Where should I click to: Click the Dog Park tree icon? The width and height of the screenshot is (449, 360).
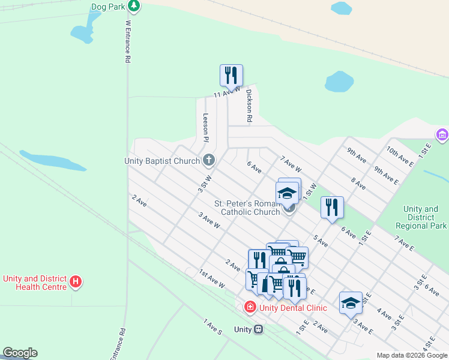pyautogui.click(x=134, y=7)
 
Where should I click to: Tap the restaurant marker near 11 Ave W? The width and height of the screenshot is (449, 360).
pyautogui.click(x=231, y=76)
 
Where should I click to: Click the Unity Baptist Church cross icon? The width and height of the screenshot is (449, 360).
pyautogui.click(x=209, y=160)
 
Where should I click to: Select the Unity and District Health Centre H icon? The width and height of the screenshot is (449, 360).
pyautogui.click(x=75, y=281)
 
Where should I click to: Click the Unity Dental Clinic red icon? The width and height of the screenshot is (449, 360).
pyautogui.click(x=249, y=307)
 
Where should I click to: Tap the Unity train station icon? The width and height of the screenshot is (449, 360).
pyautogui.click(x=258, y=329)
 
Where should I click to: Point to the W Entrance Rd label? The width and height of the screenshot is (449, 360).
pyautogui.click(x=128, y=42)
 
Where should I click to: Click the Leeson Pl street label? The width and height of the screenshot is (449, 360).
pyautogui.click(x=205, y=127)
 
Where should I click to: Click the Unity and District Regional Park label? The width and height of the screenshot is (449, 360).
pyautogui.click(x=421, y=217)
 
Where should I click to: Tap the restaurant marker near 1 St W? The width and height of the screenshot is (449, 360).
pyautogui.click(x=332, y=208)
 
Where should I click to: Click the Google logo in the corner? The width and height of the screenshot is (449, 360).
pyautogui.click(x=20, y=353)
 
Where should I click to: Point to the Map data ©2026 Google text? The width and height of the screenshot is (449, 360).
pyautogui.click(x=412, y=355)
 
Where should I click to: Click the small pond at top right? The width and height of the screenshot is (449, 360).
pyautogui.click(x=341, y=8)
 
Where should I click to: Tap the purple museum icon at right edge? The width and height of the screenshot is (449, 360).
pyautogui.click(x=442, y=134)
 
